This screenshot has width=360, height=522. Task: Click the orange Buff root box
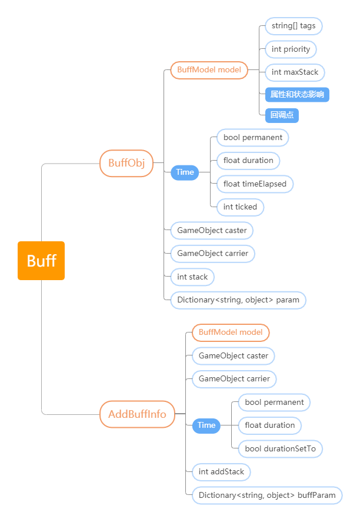[41, 261]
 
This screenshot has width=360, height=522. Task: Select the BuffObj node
[126, 163]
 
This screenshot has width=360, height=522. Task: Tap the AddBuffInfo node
[138, 414]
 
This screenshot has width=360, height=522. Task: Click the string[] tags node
[294, 26]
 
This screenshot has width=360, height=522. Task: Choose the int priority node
[291, 49]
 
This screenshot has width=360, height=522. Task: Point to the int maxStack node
[295, 72]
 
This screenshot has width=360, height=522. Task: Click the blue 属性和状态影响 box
[297, 95]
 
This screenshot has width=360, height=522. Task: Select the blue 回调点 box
[282, 115]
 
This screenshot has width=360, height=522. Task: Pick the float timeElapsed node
[255, 184]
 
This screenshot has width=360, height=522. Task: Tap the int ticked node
[240, 207]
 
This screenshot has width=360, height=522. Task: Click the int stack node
[192, 277]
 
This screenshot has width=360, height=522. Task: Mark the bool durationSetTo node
[281, 449]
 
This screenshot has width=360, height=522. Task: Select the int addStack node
[221, 472]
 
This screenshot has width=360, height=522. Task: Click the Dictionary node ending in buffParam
[267, 496]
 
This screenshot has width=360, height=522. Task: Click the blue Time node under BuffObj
[185, 172]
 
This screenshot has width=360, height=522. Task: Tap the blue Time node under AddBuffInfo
[206, 425]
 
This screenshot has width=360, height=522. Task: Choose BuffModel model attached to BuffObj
[209, 70]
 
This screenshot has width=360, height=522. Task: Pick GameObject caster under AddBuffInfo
[233, 356]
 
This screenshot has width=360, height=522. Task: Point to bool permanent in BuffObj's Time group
[253, 138]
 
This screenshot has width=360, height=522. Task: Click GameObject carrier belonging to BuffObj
[212, 254]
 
